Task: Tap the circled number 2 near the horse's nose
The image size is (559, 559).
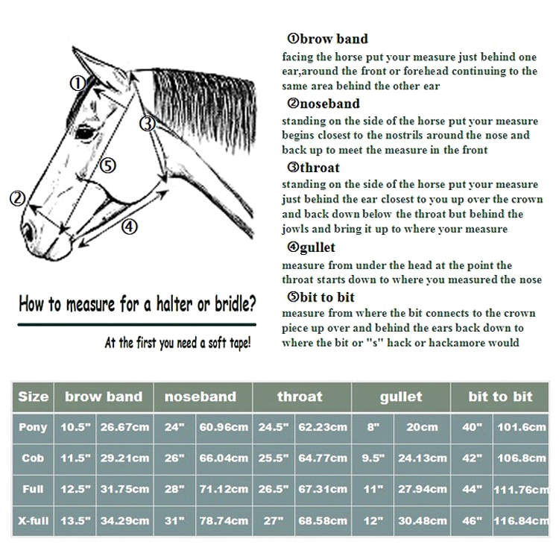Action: click(x=17, y=198)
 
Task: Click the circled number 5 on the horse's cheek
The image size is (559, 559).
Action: click(x=109, y=165)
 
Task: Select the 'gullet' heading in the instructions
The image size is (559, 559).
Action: click(x=317, y=247)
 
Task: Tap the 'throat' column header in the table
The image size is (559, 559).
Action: click(x=300, y=397)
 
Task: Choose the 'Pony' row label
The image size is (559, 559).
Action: click(x=32, y=427)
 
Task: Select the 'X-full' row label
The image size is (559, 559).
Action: click(x=32, y=520)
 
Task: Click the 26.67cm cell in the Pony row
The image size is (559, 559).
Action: click(x=125, y=427)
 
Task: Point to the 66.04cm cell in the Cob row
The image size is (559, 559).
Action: click(x=224, y=458)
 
